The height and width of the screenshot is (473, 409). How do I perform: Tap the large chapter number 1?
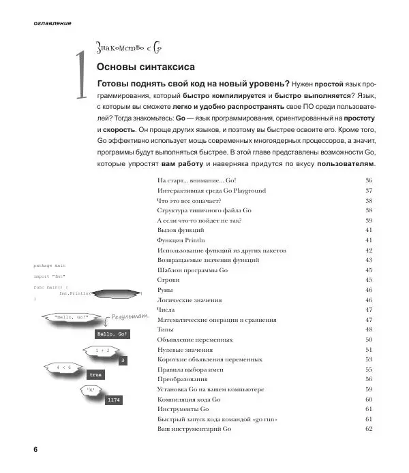click(81, 77)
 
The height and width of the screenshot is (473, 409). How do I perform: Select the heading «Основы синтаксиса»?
click(146, 67)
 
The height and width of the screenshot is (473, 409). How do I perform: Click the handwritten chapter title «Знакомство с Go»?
click(130, 48)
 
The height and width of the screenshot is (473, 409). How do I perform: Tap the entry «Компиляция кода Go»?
click(188, 399)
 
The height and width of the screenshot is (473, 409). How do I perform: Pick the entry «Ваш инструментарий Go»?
click(194, 429)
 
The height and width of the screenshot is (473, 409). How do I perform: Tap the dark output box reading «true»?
click(96, 375)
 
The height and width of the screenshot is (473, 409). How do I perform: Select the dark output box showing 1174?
click(113, 399)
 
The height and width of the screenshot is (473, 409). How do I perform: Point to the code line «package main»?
click(49, 265)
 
